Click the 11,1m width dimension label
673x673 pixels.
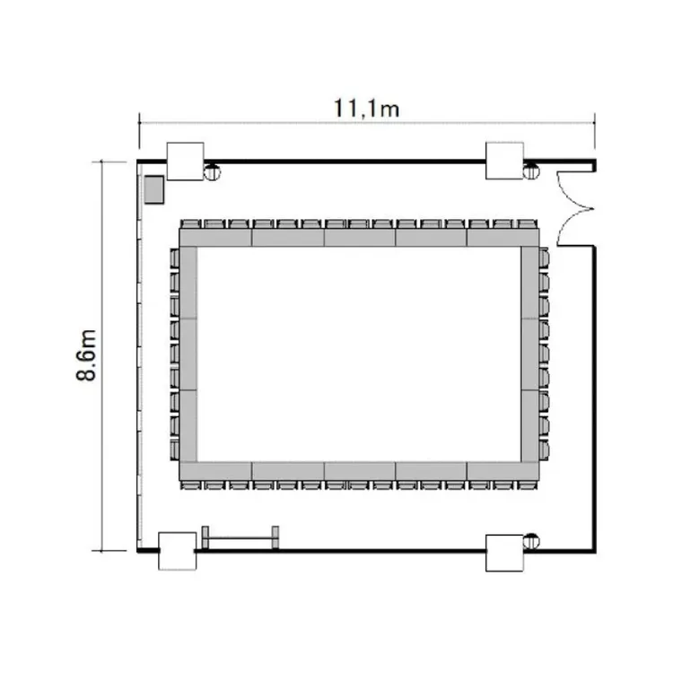[366, 109]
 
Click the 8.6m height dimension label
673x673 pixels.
[86, 355]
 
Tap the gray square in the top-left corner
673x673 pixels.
[153, 189]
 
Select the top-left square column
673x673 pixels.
[185, 161]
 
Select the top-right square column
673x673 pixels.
[504, 161]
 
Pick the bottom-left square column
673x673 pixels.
[178, 551]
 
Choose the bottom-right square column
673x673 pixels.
[504, 553]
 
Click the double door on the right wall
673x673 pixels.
[575, 209]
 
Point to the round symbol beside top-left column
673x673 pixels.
[211, 172]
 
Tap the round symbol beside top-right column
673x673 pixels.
[531, 171]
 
